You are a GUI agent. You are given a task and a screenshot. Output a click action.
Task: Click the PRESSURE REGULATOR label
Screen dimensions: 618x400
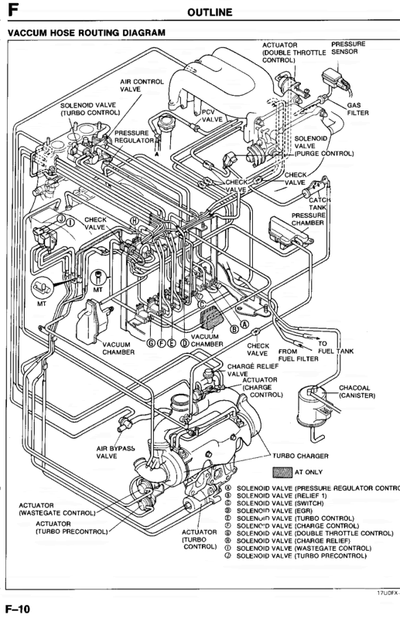(136, 137)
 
